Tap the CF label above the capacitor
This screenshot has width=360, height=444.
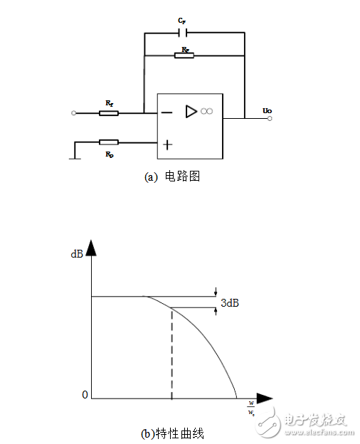coord(182,21)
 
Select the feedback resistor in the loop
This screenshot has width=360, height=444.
coord(184,55)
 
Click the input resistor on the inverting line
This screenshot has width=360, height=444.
coord(109,112)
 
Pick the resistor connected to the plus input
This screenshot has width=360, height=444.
coord(109,142)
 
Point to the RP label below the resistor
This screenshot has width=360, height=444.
coord(110,154)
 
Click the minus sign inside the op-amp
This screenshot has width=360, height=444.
coord(166,112)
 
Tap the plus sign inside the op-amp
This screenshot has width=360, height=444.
coord(167,144)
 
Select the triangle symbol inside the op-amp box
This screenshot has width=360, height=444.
coord(191,111)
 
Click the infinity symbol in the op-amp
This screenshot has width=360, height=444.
coord(207,111)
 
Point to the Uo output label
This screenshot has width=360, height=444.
coord(267,110)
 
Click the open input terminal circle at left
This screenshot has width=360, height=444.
coord(74,113)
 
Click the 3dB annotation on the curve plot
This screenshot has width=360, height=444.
coord(229,302)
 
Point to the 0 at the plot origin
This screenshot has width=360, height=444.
coord(84,394)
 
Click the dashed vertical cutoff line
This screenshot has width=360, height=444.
coord(172,352)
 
